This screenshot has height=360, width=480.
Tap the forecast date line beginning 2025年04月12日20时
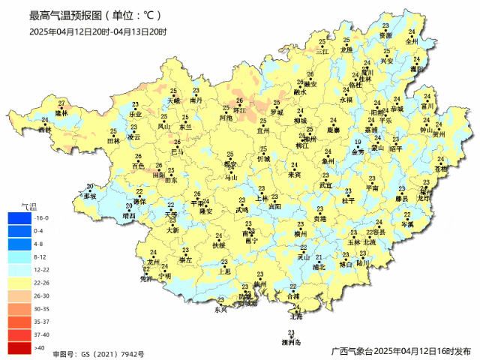(98, 31)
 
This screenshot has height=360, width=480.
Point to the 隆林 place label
(61, 112)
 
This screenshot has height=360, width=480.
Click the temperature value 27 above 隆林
(61, 103)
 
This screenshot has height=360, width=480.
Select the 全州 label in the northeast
(412, 41)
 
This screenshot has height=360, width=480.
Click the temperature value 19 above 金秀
(358, 142)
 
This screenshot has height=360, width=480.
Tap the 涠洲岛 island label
(291, 342)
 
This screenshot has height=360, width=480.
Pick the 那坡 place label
(90, 196)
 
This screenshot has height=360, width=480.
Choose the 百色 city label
(138, 165)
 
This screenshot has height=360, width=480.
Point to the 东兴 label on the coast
(220, 309)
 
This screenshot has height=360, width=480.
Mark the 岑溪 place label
(407, 224)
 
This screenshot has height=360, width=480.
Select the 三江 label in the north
(322, 51)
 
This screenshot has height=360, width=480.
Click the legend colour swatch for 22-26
(18, 283)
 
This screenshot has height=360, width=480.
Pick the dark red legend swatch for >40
(18, 347)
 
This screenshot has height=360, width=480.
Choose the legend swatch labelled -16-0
(18, 218)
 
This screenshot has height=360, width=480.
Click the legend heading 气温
(27, 205)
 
